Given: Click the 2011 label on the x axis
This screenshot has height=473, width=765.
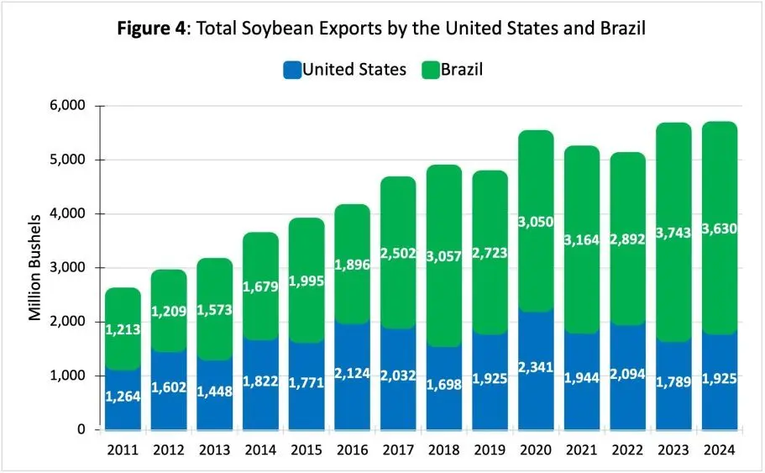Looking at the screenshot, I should coord(123,451).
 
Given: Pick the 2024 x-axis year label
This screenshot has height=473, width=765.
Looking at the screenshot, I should coord(719,451).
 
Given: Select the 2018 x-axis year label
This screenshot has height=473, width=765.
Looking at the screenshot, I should coord(444,451).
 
